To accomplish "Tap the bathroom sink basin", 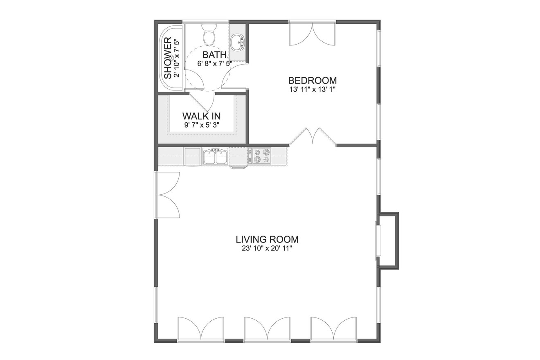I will pyautogui.click(x=237, y=42).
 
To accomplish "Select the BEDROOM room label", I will pyautogui.click(x=312, y=81).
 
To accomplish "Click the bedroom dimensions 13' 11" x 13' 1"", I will pyautogui.click(x=312, y=89).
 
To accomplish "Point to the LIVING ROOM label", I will pyautogui.click(x=267, y=239).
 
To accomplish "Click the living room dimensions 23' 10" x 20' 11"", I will pyautogui.click(x=267, y=248).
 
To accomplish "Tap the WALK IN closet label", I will pyautogui.click(x=201, y=116).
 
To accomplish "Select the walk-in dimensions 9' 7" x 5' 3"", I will pyautogui.click(x=201, y=125).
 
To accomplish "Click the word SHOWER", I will pyautogui.click(x=168, y=58).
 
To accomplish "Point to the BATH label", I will pyautogui.click(x=214, y=55).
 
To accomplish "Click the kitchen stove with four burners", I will pyautogui.click(x=261, y=156).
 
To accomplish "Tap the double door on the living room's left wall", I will pyautogui.click(x=168, y=195).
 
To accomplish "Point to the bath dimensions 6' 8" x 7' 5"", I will pyautogui.click(x=214, y=63).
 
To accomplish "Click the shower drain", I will pyautogui.click(x=172, y=57).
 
